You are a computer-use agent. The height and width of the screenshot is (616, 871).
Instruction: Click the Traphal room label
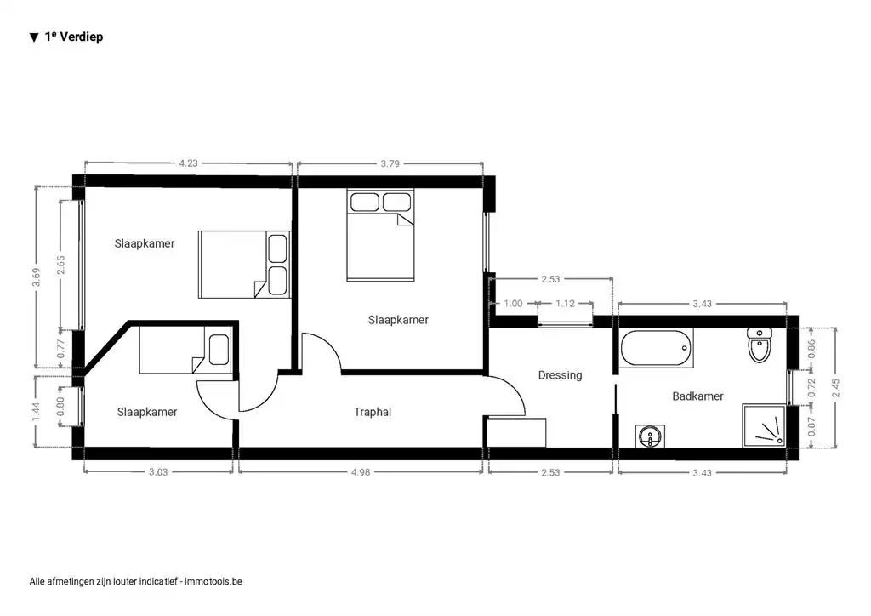pyautogui.click(x=372, y=412)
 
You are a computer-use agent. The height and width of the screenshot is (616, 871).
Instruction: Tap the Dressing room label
pyautogui.click(x=560, y=375)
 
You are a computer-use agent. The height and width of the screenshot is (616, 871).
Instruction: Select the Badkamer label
pyautogui.click(x=697, y=396)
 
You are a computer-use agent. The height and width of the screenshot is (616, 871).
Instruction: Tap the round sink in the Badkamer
pyautogui.click(x=651, y=436)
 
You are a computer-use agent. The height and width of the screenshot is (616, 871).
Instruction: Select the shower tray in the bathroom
pyautogui.click(x=764, y=425)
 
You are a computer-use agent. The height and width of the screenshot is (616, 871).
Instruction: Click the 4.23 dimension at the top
pyautogui.click(x=188, y=163)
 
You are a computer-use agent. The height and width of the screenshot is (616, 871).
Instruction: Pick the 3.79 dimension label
pyautogui.click(x=390, y=163)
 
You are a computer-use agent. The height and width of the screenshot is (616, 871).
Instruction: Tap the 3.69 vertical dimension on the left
pyautogui.click(x=36, y=277)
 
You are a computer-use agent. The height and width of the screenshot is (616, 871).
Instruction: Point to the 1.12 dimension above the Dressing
pyautogui.click(x=566, y=304)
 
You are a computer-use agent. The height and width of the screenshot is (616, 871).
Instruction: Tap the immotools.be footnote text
pyautogui.click(x=136, y=582)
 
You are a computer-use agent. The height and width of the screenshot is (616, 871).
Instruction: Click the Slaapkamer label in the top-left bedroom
pyautogui.click(x=145, y=243)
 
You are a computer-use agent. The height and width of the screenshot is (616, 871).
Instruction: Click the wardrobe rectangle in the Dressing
pyautogui.click(x=515, y=431)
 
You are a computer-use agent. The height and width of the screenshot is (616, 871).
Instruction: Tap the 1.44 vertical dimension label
pyautogui.click(x=36, y=413)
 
